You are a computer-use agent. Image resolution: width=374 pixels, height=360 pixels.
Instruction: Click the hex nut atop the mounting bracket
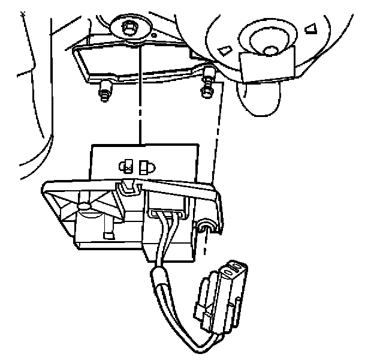tap(128, 27)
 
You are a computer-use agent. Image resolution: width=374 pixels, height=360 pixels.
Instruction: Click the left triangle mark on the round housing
tap(224, 49)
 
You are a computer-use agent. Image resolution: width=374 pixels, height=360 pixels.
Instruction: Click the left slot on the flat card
tap(127, 165)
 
